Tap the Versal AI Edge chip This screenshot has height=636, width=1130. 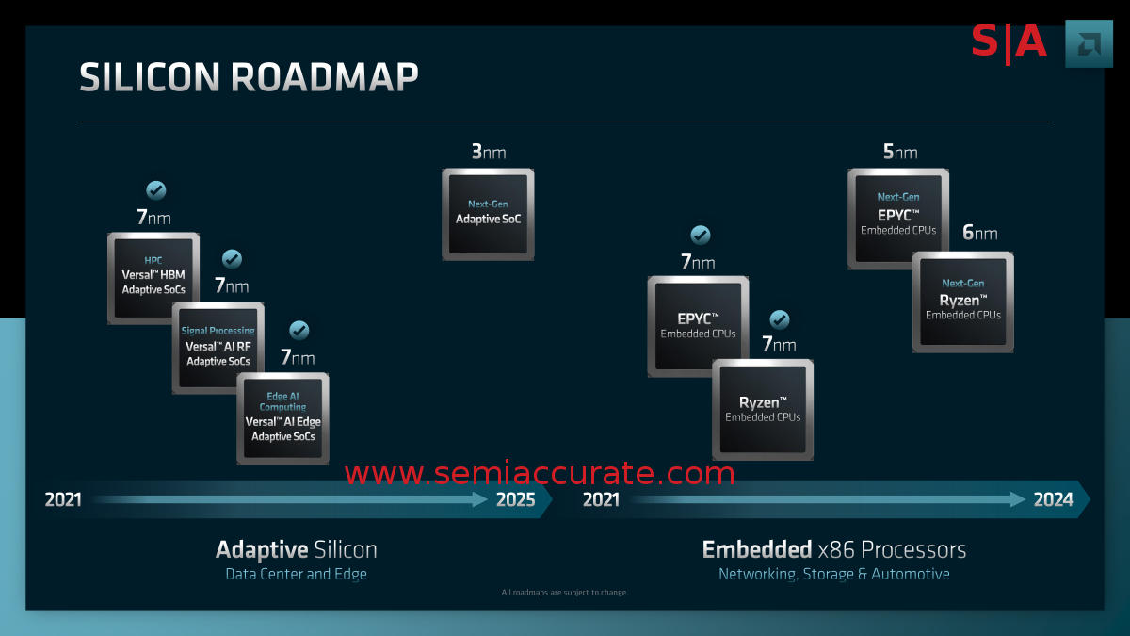point(282,418)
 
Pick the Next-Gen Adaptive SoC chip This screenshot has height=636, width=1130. point(488,214)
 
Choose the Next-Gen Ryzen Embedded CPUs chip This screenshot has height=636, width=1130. point(962,302)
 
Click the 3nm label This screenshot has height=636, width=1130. point(488,151)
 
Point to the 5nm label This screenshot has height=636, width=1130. point(900,151)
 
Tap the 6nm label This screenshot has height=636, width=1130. point(979,233)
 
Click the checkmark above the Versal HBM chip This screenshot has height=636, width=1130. point(156,190)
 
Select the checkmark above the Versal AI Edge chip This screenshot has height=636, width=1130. point(299,331)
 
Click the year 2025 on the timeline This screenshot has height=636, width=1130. point(515,499)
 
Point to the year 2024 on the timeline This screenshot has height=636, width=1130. point(1053,499)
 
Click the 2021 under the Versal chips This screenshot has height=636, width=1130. point(63,499)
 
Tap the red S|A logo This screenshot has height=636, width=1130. point(1009,41)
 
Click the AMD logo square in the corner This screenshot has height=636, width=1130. point(1089,43)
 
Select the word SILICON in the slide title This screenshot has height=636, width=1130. point(149,77)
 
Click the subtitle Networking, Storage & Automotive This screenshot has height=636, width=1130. point(833,574)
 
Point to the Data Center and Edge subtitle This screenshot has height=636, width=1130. point(296,574)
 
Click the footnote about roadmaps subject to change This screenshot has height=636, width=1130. point(565,593)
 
